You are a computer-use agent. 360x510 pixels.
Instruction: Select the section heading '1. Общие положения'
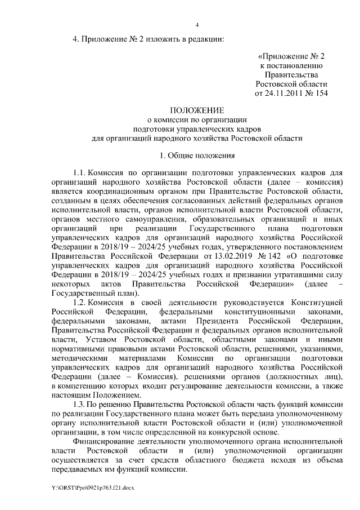tap(197, 155)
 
